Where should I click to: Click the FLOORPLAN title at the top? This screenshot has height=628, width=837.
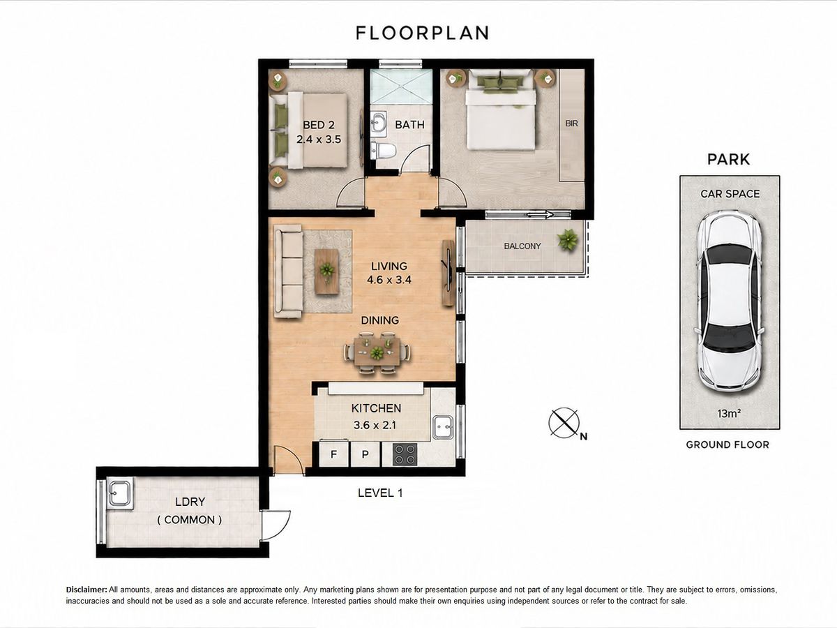[x=422, y=33]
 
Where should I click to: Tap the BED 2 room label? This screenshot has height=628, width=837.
[x=319, y=125]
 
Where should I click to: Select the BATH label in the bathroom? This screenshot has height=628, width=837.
[x=409, y=125]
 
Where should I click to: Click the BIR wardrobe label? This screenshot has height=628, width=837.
[x=571, y=124]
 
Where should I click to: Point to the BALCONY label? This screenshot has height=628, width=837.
[x=522, y=246]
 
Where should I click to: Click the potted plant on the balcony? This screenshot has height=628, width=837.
[x=568, y=240]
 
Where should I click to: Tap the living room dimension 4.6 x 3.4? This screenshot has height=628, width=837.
[x=389, y=280]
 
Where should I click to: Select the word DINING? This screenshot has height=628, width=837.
[x=380, y=320]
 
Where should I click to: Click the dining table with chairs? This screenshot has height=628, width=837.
[x=377, y=352]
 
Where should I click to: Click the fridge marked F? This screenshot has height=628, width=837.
[x=333, y=454]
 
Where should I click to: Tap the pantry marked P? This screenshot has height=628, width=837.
[x=365, y=454]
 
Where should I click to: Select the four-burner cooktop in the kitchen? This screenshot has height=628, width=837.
[x=405, y=454]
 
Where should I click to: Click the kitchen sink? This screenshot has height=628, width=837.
[x=443, y=427]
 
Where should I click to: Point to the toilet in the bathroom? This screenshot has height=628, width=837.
[x=383, y=150]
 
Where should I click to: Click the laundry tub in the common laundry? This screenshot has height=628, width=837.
[x=120, y=493]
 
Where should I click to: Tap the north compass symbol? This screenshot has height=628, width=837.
[x=564, y=422]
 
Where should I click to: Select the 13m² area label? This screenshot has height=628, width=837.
[x=729, y=413]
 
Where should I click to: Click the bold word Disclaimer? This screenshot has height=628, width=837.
[x=86, y=590]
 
